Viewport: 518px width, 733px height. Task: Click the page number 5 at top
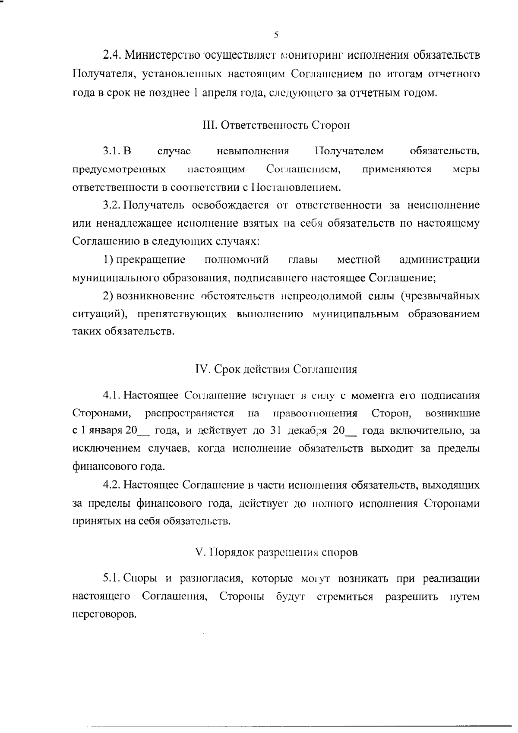point(276,35)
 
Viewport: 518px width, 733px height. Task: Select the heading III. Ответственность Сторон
point(276,125)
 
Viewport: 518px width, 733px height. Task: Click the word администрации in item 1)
point(439,260)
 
